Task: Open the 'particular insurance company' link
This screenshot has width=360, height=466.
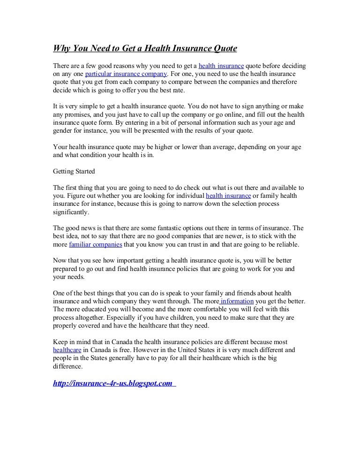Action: (x=126, y=74)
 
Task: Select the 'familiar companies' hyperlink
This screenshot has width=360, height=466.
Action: (x=95, y=245)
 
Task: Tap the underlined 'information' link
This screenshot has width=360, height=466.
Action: (x=237, y=301)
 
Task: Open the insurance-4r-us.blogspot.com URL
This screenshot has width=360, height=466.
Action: (x=113, y=383)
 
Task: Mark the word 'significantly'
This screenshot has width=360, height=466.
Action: (x=71, y=212)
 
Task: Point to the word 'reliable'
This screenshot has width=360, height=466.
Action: (x=285, y=245)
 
